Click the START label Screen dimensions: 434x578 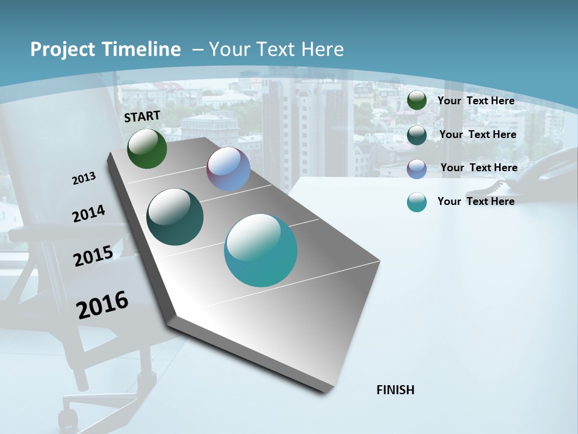142,116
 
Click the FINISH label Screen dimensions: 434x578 395,390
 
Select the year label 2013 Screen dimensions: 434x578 84,178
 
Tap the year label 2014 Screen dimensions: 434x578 89,214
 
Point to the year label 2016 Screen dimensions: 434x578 102,305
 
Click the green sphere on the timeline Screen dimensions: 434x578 147,148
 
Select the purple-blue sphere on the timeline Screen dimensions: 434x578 228,169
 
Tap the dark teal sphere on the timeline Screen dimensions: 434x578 175,217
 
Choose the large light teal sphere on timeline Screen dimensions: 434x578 261,250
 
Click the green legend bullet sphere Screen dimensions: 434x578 417,101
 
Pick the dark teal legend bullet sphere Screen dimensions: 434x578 417,135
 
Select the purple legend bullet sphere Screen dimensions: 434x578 417,169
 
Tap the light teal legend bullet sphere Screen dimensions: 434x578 417,203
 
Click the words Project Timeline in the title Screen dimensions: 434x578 105,49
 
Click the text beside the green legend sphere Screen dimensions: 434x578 476,101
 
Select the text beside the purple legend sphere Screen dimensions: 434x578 479,168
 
